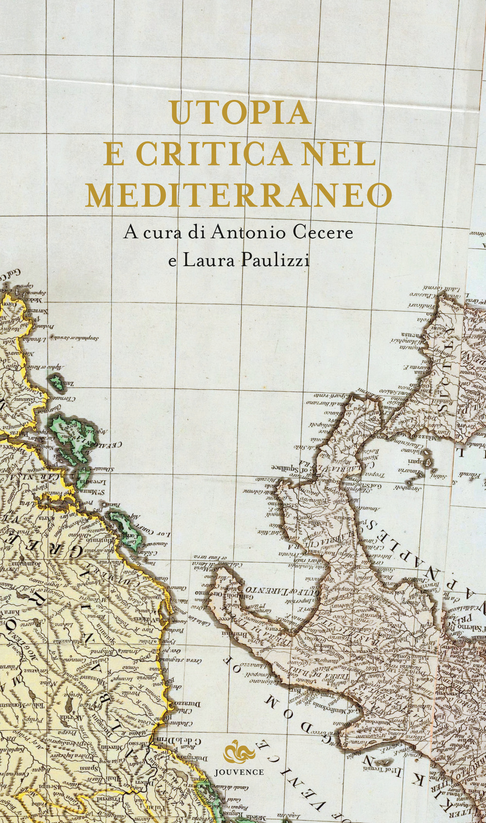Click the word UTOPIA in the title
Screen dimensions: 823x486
click(x=241, y=113)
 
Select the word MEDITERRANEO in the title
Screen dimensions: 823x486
click(x=239, y=195)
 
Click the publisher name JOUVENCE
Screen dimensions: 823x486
click(x=239, y=772)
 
